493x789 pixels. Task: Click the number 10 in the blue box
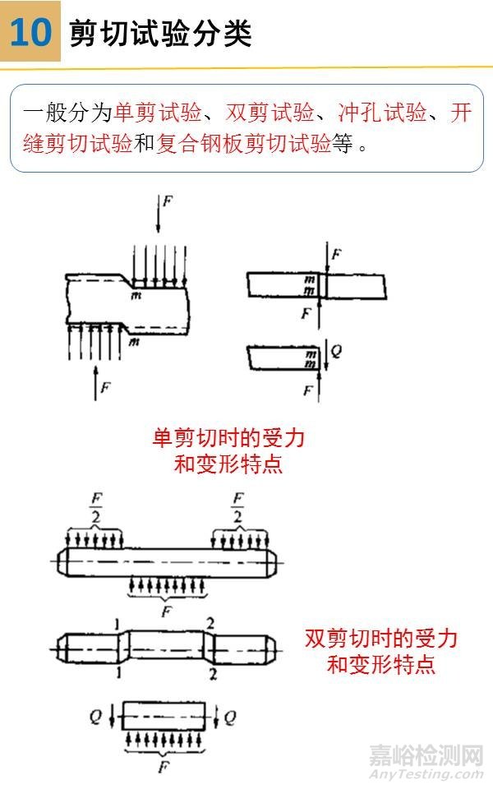pyautogui.click(x=30, y=32)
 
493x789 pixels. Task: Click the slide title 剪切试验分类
pyautogui.click(x=160, y=33)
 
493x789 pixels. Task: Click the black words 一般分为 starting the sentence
pyautogui.click(x=68, y=113)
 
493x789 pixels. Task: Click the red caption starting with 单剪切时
pyautogui.click(x=228, y=450)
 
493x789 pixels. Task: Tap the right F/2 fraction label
pyautogui.click(x=237, y=507)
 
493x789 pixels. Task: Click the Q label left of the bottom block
pyautogui.click(x=96, y=717)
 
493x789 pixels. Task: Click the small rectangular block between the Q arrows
pyautogui.click(x=162, y=716)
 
